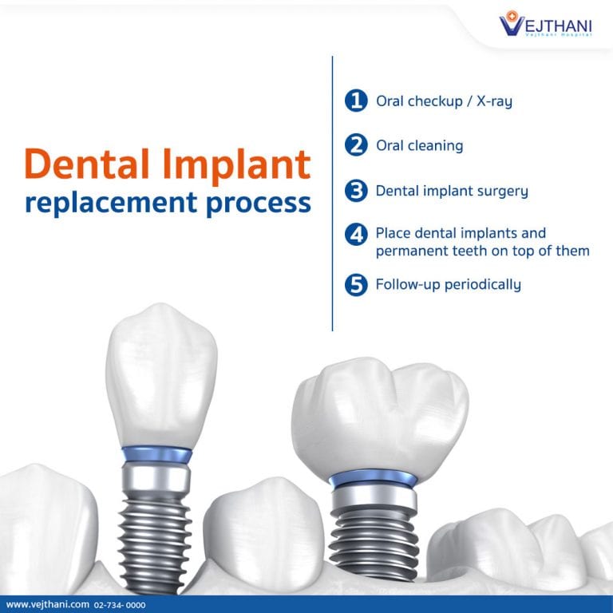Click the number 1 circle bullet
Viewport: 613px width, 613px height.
pos(355,101)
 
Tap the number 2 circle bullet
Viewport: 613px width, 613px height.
pos(355,146)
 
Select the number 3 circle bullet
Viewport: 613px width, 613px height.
pos(355,192)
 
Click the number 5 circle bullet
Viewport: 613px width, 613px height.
pos(355,285)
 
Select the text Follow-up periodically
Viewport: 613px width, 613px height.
pos(448,285)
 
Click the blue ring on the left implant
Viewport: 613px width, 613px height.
pos(156,455)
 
